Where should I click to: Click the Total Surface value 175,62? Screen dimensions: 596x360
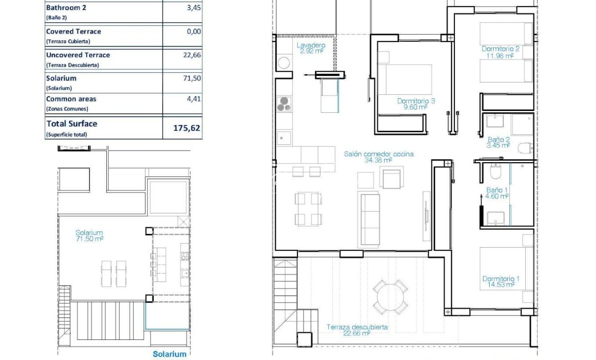pyautogui.click(x=187, y=128)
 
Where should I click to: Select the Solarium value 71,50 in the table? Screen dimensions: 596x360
pyautogui.click(x=192, y=78)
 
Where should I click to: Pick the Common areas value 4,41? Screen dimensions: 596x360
pyautogui.click(x=194, y=99)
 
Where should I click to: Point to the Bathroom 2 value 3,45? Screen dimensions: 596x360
pyautogui.click(x=194, y=7)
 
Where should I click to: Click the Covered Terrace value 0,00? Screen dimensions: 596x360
pyautogui.click(x=194, y=31)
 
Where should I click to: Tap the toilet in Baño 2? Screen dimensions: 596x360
pyautogui.click(x=525, y=148)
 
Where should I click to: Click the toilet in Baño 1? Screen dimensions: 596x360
pyautogui.click(x=495, y=171)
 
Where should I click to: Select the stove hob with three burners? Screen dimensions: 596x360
pyautogui.click(x=284, y=104)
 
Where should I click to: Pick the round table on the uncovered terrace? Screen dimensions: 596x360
pyautogui.click(x=390, y=297)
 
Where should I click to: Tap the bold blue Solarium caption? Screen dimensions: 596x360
pyautogui.click(x=169, y=354)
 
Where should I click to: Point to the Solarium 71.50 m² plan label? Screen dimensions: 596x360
pyautogui.click(x=89, y=236)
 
